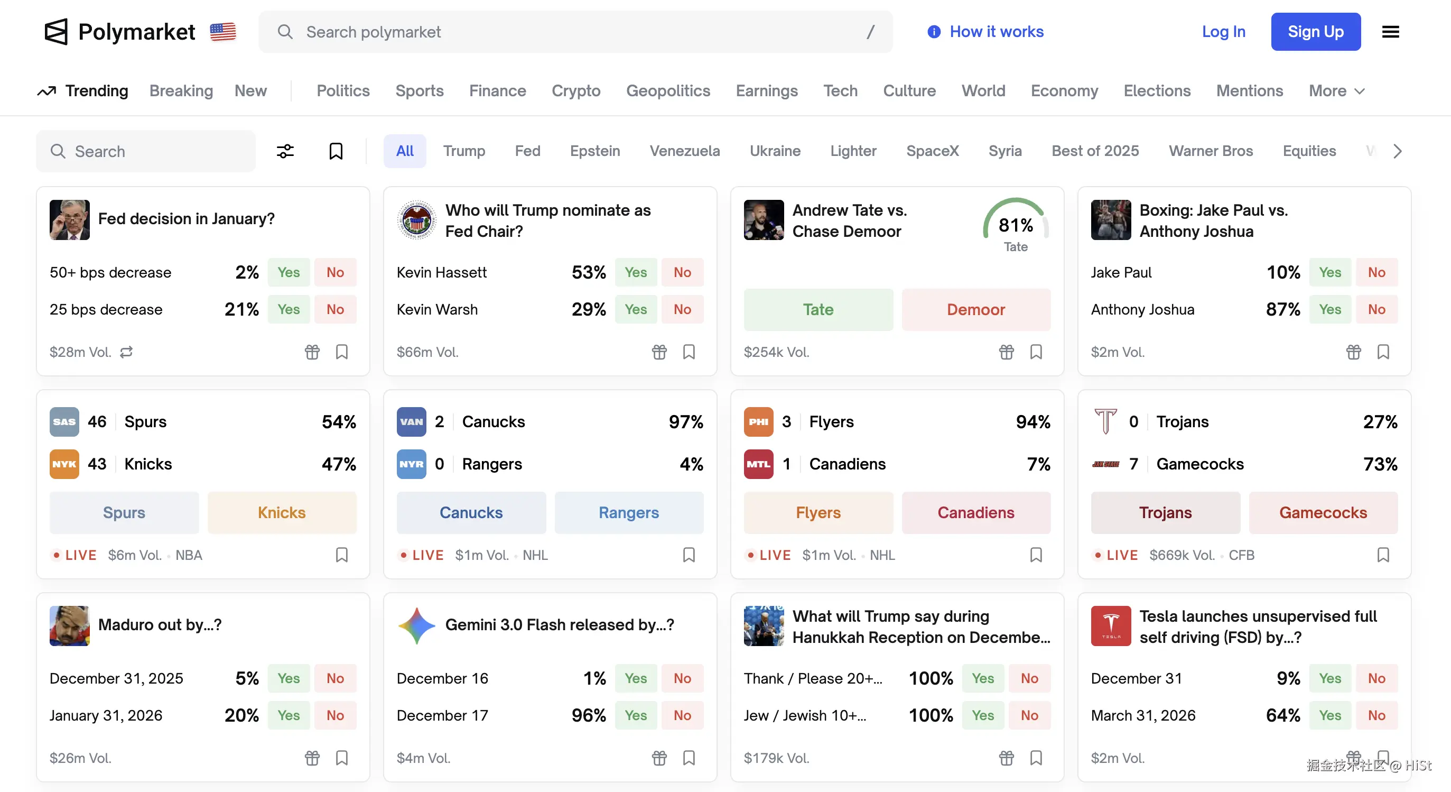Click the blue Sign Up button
point(1315,32)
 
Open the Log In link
point(1223,32)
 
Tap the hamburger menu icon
point(1390,32)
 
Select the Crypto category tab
point(575,91)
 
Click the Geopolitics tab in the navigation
point(668,91)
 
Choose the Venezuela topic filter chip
point(684,151)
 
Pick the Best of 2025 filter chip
point(1095,151)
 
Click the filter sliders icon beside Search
point(285,151)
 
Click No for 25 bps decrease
point(335,309)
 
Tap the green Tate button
point(818,309)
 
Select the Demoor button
point(975,309)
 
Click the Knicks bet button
point(282,512)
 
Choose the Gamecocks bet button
point(1323,512)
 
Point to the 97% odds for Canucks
point(685,422)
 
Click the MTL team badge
point(758,464)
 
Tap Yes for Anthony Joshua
point(1330,309)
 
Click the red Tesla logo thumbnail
point(1111,625)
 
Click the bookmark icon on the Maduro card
point(342,758)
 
